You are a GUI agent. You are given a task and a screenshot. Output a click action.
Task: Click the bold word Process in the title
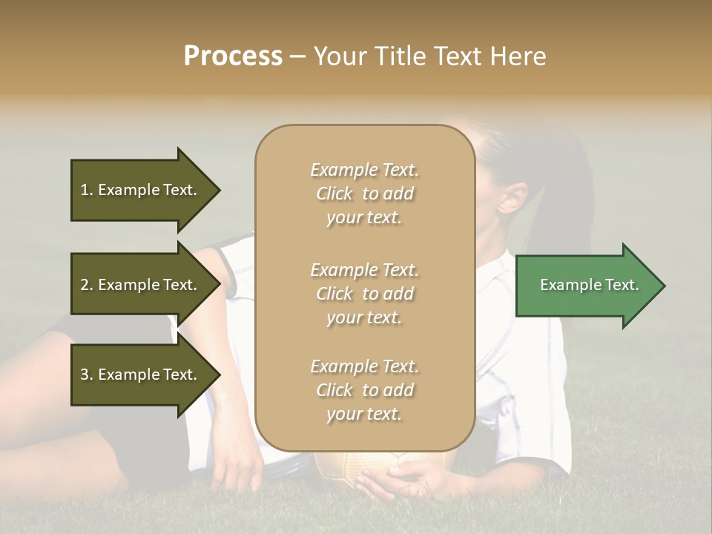pyautogui.click(x=233, y=56)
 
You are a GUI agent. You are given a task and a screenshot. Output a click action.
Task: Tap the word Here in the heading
pyautogui.click(x=518, y=56)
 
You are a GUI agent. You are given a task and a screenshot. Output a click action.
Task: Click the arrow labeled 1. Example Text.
pyautogui.click(x=141, y=190)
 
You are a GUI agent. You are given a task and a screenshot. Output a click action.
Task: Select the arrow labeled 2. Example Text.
pyautogui.click(x=141, y=285)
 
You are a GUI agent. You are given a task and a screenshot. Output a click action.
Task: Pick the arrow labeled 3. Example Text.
pyautogui.click(x=141, y=375)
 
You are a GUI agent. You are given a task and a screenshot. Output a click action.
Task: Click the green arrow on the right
pyautogui.click(x=586, y=285)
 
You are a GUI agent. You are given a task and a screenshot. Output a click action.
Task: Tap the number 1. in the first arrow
pyautogui.click(x=87, y=190)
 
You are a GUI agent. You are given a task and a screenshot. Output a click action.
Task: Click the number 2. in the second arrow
pyautogui.click(x=87, y=285)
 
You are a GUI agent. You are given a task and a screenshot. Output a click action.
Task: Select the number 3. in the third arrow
pyautogui.click(x=87, y=375)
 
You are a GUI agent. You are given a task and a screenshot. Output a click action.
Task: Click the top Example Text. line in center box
pyautogui.click(x=364, y=170)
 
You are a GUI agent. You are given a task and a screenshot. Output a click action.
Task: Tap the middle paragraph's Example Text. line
pyautogui.click(x=364, y=270)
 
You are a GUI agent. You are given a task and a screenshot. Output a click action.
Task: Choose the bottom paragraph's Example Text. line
pyautogui.click(x=364, y=366)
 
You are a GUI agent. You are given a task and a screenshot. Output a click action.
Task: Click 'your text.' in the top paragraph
pyautogui.click(x=364, y=218)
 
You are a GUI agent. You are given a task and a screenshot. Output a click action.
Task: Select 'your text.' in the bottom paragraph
pyautogui.click(x=364, y=415)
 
